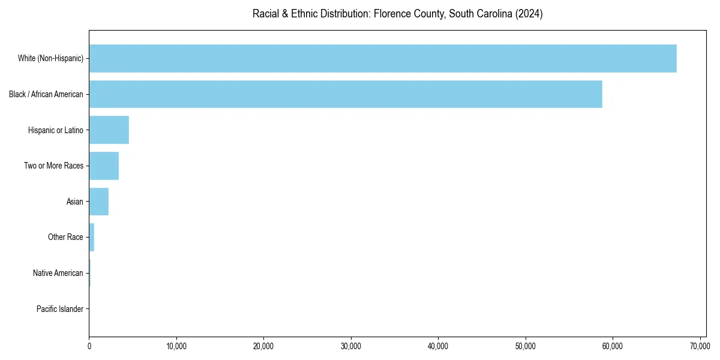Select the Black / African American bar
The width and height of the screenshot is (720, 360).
point(346,94)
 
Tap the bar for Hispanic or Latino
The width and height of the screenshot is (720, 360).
point(109,130)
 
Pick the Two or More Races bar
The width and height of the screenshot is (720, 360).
point(104,166)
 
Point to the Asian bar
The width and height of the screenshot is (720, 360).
point(99,202)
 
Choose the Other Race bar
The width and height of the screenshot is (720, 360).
point(92,238)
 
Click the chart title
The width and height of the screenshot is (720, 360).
point(397,14)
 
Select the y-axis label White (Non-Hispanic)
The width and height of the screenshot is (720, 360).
point(51,58)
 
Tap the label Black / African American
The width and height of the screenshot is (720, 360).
point(46,94)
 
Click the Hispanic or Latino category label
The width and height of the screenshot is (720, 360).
point(56,130)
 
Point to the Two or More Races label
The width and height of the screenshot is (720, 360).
point(53,166)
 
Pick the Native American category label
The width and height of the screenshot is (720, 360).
point(58,273)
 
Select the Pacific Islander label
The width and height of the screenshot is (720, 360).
point(60,309)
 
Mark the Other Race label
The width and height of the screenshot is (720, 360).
point(65,238)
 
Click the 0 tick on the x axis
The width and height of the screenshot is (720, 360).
point(89,346)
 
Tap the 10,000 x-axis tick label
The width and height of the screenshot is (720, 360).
point(176,346)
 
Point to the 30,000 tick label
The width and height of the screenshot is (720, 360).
point(351,346)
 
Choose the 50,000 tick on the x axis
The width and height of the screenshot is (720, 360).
point(526,346)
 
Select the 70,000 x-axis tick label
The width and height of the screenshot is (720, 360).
point(700,346)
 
